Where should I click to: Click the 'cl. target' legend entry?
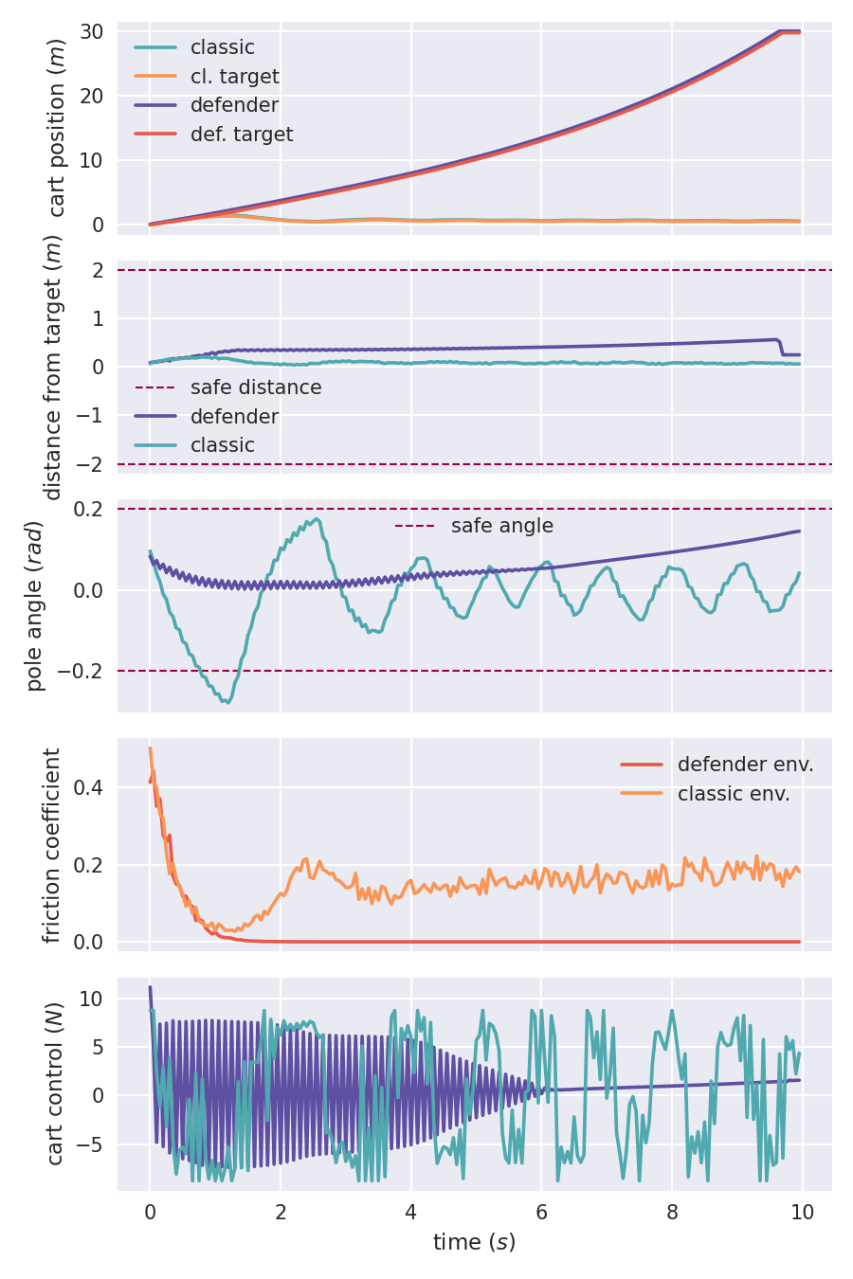coord(234,77)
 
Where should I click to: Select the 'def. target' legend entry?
coord(241,135)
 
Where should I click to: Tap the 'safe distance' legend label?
coord(255,387)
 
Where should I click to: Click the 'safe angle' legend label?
coord(501,526)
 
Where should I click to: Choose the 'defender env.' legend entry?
coord(745,765)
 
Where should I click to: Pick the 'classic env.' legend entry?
coord(734,794)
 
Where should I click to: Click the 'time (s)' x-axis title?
coord(474,1242)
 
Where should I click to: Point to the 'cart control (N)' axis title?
coord(55,1084)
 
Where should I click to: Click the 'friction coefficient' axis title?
coord(52,845)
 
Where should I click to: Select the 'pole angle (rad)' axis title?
coord(36,606)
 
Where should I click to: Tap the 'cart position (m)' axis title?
coord(57,128)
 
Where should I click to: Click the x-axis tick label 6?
coord(541,1214)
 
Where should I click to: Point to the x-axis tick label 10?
coord(802,1214)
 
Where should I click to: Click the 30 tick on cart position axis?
coord(92,31)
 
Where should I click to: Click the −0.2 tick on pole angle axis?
coord(81,671)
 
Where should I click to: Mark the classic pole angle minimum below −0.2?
coord(227,702)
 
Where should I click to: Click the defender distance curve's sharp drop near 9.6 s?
coord(781,347)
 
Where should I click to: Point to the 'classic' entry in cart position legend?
coord(222,47)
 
